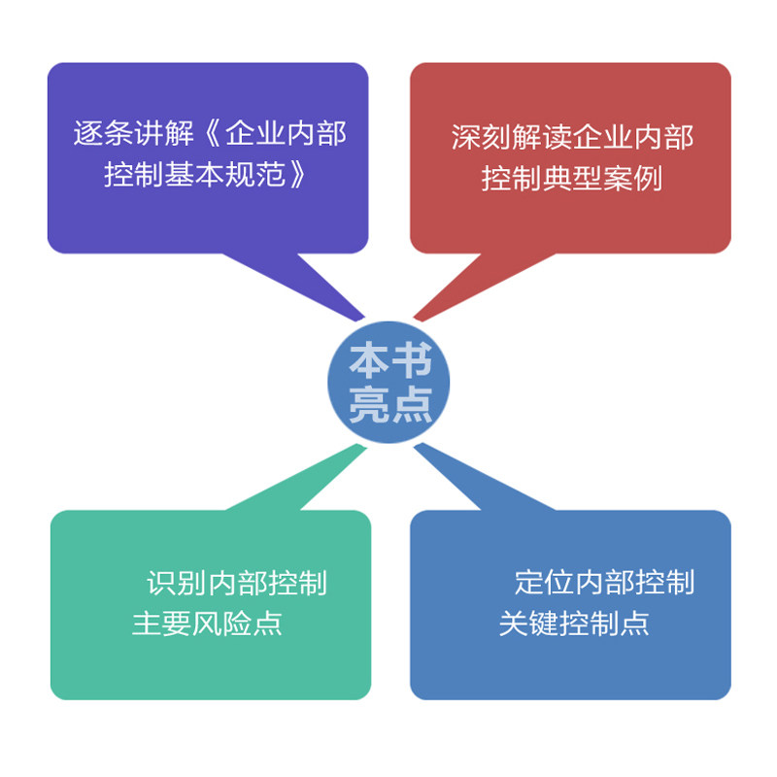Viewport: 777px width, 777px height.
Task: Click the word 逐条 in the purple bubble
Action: (101, 134)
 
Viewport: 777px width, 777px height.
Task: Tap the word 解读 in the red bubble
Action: (540, 137)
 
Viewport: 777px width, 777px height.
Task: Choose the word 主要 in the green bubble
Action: (162, 623)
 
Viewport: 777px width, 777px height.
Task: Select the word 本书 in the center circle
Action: (389, 363)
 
